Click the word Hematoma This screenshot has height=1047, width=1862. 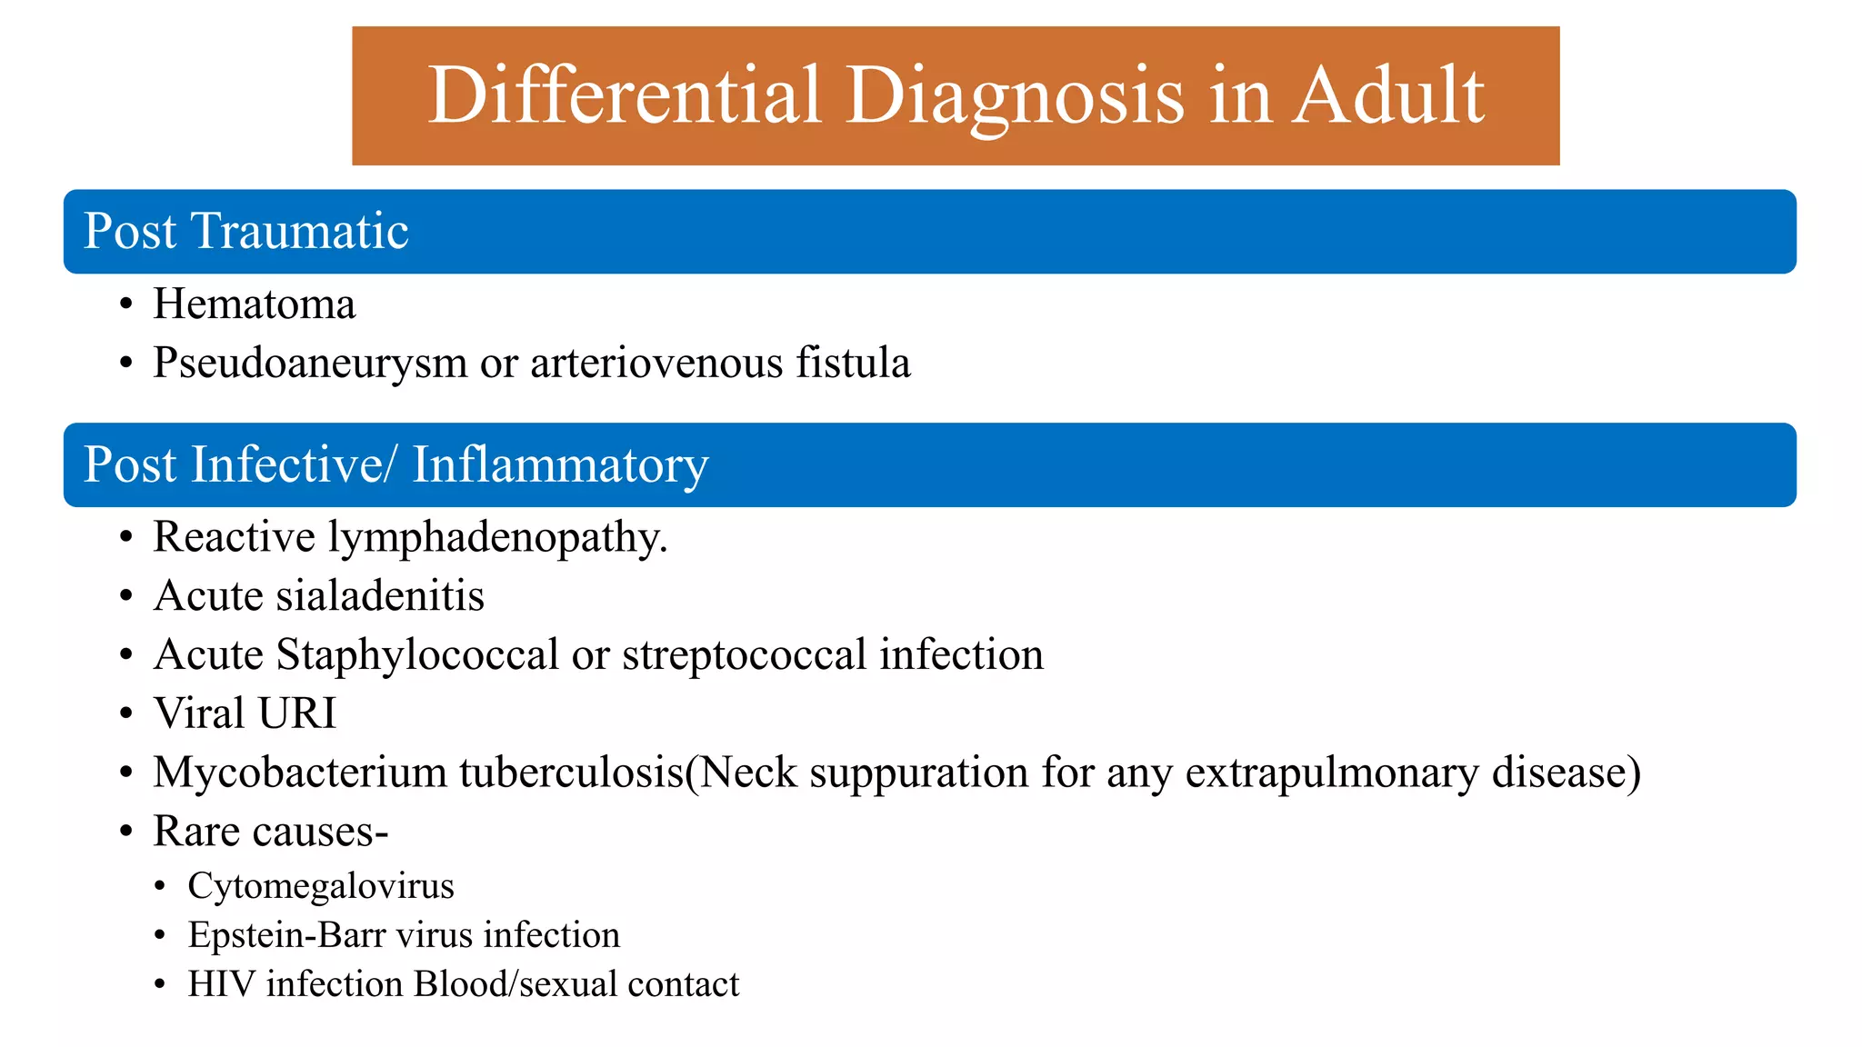tap(255, 304)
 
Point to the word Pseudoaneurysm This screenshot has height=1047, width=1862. tap(310, 364)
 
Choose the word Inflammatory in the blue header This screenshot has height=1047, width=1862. tap(560, 465)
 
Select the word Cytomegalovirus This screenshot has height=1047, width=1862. tap(321, 886)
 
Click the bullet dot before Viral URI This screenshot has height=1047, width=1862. tap(126, 714)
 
